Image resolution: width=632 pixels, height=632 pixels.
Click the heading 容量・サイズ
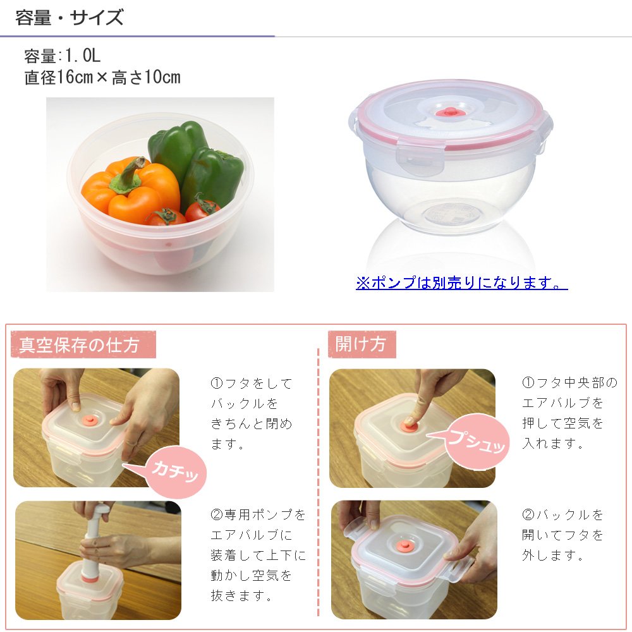click(x=70, y=18)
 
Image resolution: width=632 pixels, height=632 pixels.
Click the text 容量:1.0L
click(x=62, y=56)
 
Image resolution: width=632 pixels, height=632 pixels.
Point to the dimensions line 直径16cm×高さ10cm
click(x=102, y=78)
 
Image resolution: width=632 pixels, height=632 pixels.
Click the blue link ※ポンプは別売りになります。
click(x=461, y=283)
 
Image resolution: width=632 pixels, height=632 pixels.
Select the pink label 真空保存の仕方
click(x=79, y=345)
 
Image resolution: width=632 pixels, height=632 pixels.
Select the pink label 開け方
click(x=360, y=344)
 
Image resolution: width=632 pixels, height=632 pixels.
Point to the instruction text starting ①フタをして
click(x=252, y=413)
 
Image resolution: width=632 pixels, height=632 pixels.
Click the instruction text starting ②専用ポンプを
click(x=258, y=555)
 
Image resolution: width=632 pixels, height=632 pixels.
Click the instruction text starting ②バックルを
click(x=562, y=535)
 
